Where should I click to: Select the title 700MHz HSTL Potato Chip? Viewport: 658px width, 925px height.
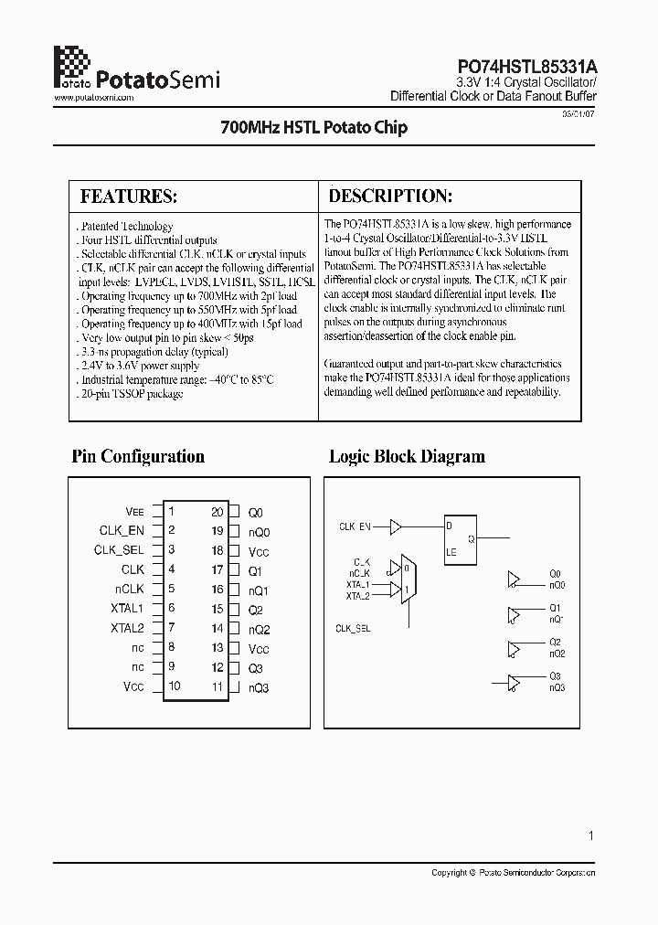point(314,128)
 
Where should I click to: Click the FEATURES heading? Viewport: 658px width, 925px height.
point(128,197)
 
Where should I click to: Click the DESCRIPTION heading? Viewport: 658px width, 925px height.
point(390,197)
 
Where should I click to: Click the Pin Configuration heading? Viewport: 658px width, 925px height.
point(138,457)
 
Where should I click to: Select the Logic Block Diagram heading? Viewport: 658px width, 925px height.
point(407,457)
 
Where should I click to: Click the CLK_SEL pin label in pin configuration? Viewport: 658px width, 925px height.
point(119,550)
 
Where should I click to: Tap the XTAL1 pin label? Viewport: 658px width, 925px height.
point(128,609)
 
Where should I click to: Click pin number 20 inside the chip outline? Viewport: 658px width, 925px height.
point(217,513)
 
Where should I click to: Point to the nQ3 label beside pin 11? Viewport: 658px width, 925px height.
point(259,687)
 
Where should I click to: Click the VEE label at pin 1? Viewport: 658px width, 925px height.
point(134,513)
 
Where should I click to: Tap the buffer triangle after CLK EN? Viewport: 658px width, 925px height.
point(396,526)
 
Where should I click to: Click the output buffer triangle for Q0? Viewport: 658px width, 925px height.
point(513,579)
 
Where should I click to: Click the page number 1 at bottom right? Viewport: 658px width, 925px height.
point(591,835)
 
